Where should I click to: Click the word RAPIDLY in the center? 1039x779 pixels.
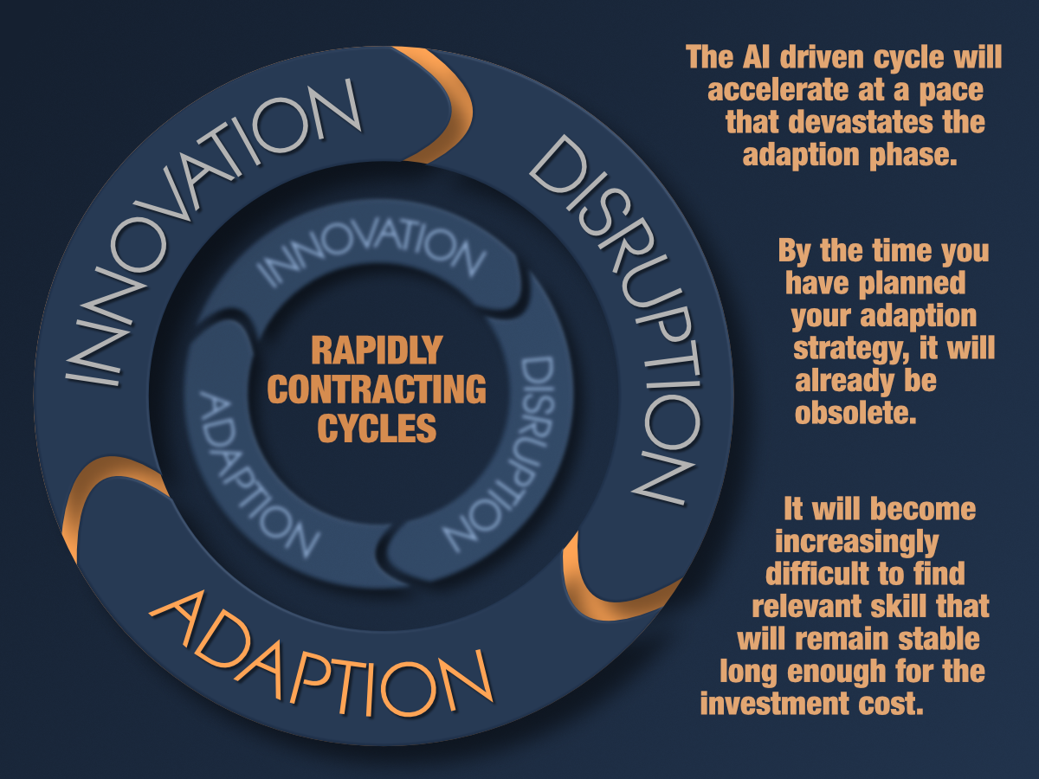[x=376, y=351]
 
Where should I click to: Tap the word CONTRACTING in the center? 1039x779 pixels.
[x=376, y=389]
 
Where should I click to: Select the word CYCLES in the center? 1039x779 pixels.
[x=376, y=428]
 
